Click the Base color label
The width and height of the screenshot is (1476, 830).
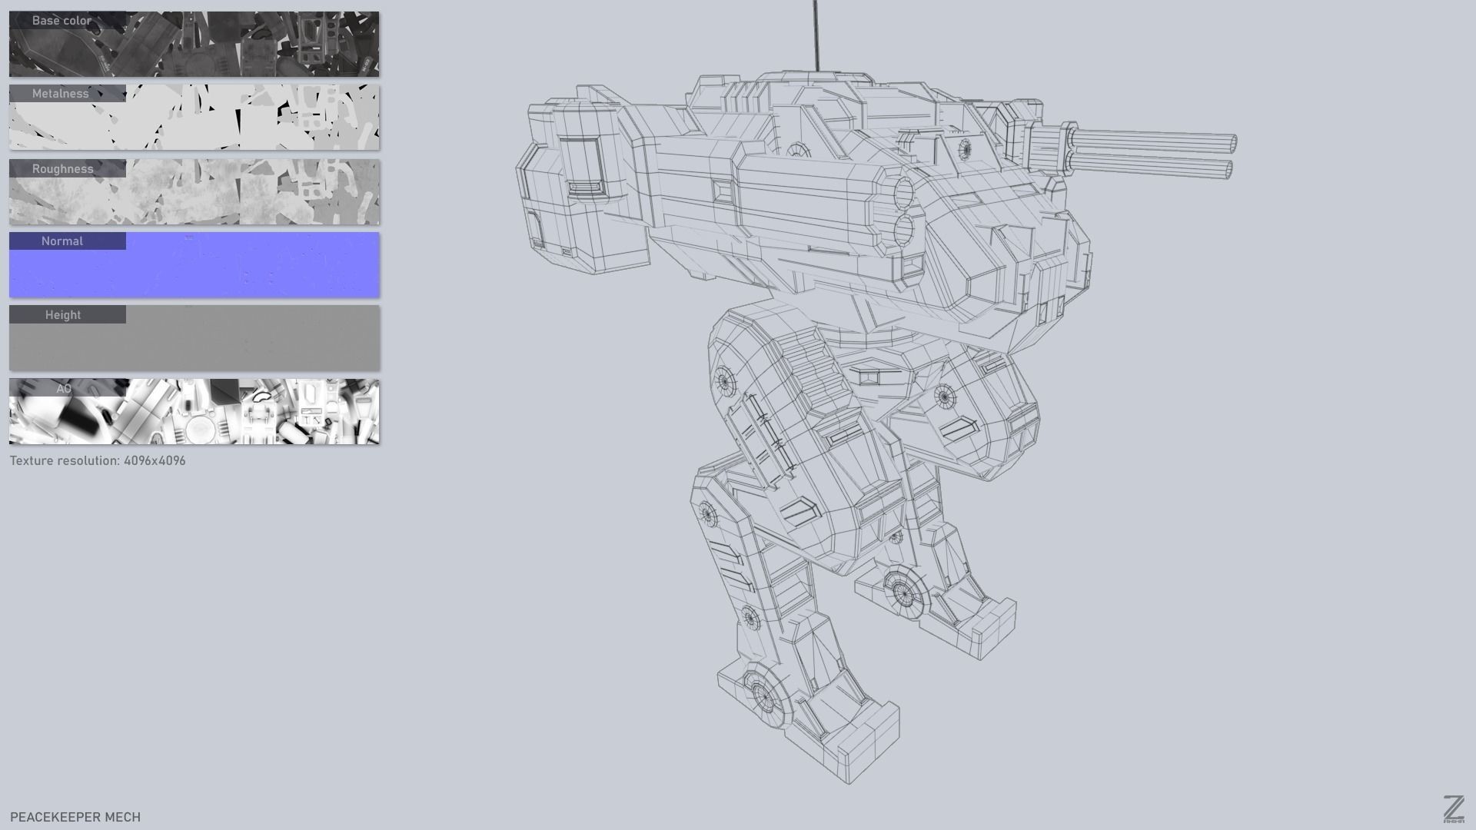point(61,21)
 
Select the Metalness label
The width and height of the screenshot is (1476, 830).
point(61,94)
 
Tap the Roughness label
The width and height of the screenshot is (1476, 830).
point(62,169)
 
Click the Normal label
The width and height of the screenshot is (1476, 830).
point(62,241)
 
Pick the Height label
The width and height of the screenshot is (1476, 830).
point(63,315)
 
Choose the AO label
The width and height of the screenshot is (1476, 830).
point(64,389)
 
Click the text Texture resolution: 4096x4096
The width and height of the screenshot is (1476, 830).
point(98,461)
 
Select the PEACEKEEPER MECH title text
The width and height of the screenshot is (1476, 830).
point(75,817)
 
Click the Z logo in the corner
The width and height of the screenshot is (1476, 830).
point(1453,809)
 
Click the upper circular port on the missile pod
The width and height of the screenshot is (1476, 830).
point(903,192)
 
